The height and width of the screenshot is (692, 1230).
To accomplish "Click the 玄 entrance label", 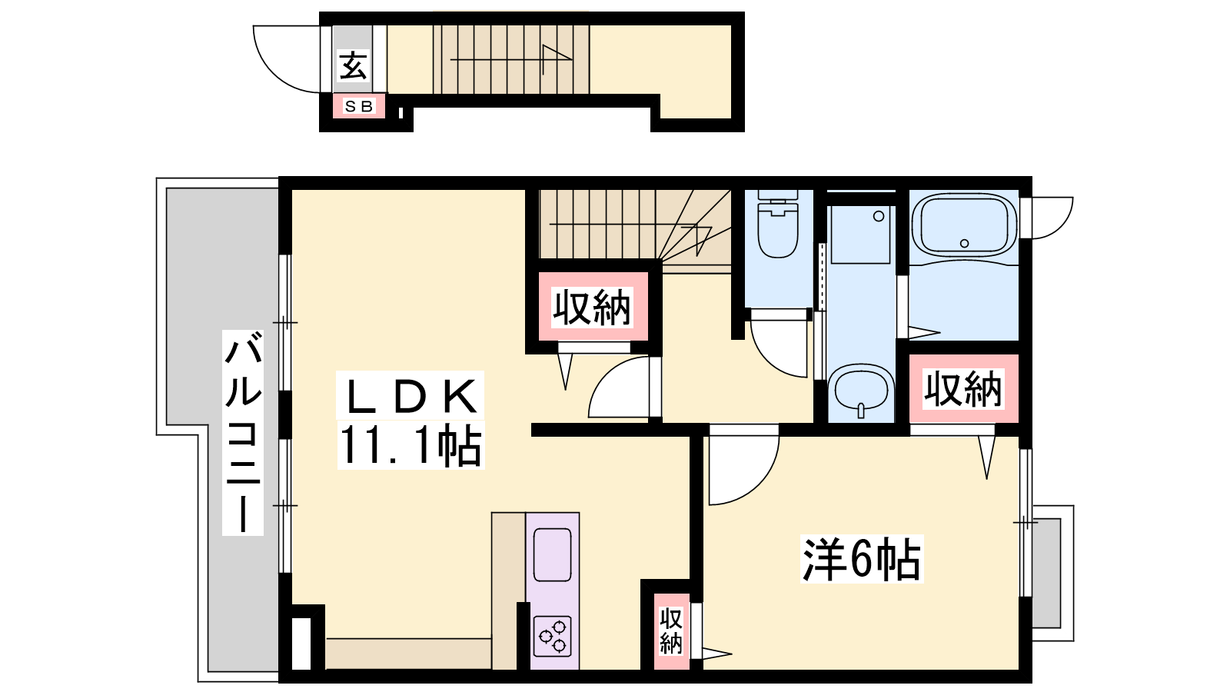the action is point(353,66).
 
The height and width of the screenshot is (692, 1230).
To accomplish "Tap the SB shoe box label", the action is point(358,106).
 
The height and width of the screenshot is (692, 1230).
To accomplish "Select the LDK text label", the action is point(411,396).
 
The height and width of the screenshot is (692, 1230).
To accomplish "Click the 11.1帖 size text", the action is point(411,445).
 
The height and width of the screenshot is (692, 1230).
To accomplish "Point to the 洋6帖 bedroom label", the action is point(862,559).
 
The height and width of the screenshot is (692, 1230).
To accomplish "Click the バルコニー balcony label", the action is point(243,432).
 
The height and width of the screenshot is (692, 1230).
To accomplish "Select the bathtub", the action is point(964,225).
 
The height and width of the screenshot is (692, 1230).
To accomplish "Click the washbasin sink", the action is point(861,391).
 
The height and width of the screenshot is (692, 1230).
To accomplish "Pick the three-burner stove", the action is point(553,637).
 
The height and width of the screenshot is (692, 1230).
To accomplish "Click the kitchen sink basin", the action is point(553,554).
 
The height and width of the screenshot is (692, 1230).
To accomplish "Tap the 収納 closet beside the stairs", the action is point(593,308).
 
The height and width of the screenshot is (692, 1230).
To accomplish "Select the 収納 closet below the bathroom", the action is point(964,389).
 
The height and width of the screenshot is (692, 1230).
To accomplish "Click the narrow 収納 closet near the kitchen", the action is point(671,631).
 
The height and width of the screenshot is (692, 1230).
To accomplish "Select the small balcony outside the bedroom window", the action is point(1052,573).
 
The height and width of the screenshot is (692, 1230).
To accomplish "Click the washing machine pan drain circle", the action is point(879,216).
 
